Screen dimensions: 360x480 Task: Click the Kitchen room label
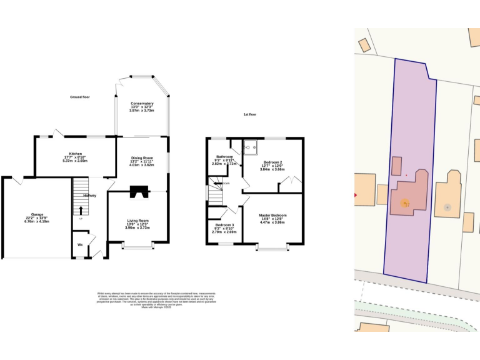click(x=76, y=153)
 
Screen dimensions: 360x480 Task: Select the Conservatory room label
click(x=142, y=103)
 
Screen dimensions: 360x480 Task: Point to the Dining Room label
click(x=142, y=157)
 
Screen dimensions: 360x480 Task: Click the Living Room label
click(x=137, y=220)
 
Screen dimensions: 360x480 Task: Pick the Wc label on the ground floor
click(x=80, y=244)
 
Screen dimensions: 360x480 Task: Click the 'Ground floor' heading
click(x=80, y=97)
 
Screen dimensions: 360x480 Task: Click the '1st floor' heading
click(x=250, y=114)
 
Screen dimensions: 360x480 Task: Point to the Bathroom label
click(x=224, y=156)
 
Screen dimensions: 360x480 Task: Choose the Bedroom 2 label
click(x=272, y=162)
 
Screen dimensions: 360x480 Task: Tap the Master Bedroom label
click(x=272, y=215)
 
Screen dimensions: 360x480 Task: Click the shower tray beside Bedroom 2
click(x=251, y=147)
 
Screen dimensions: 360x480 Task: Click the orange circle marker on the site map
click(x=404, y=203)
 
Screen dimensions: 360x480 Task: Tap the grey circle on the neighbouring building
click(x=446, y=207)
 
